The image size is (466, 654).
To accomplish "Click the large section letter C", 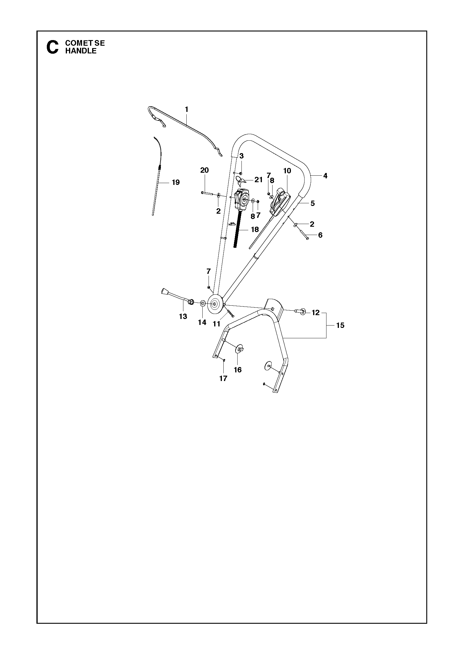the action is click(x=52, y=47).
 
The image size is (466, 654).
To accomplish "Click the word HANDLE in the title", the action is click(x=81, y=51).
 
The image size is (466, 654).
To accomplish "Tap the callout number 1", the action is click(x=186, y=109).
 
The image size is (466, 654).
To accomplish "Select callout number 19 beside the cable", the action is click(x=176, y=182).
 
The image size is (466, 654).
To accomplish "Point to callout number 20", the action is click(x=204, y=170).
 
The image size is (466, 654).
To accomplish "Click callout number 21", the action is click(x=259, y=180).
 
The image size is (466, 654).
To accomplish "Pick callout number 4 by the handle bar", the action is click(x=325, y=176).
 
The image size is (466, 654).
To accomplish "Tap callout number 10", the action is click(x=287, y=171).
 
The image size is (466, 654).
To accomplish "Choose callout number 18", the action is click(x=255, y=229).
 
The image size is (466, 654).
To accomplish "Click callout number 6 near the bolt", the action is click(x=320, y=235).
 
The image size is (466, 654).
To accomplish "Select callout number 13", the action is click(x=183, y=317).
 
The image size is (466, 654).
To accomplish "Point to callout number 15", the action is click(x=340, y=325).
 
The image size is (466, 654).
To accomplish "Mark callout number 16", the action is click(x=238, y=370).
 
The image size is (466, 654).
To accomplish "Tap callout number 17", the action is click(x=223, y=378).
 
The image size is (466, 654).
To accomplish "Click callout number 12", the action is click(x=316, y=312).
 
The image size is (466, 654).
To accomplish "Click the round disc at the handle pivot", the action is click(x=214, y=304).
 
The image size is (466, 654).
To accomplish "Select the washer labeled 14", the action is click(x=203, y=303).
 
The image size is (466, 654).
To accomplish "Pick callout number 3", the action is click(x=241, y=156).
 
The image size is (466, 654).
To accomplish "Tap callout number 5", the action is click(x=313, y=203).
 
